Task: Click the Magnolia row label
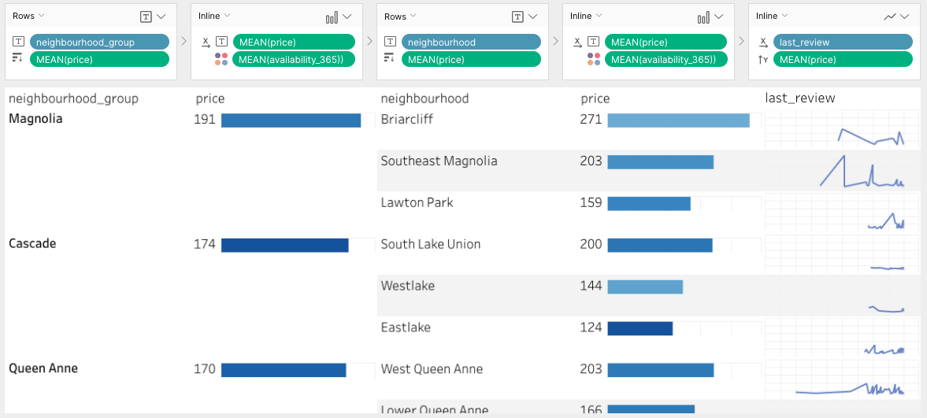click(35, 119)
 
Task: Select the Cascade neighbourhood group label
click(32, 244)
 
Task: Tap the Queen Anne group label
click(43, 368)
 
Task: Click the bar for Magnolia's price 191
click(291, 120)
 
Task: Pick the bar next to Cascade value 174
click(284, 245)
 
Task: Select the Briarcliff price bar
click(678, 120)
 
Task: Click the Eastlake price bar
click(640, 327)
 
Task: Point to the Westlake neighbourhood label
click(407, 286)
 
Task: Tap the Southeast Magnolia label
click(439, 161)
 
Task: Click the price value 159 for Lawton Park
click(591, 203)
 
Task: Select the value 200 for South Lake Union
click(591, 245)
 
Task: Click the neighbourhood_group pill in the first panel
click(99, 43)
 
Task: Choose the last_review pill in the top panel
click(842, 43)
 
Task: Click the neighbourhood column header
click(425, 98)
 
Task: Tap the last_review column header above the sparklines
click(800, 98)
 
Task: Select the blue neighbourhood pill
click(471, 43)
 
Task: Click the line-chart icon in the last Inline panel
click(890, 16)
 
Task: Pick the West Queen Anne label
click(432, 369)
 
